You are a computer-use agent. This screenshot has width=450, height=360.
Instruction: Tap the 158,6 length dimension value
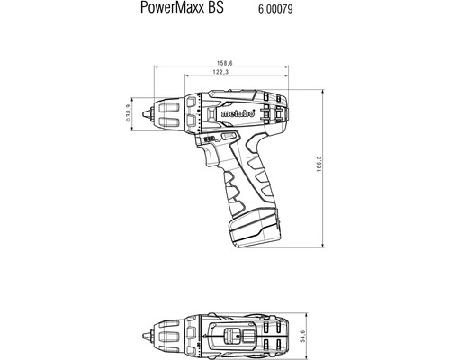(x=212, y=64)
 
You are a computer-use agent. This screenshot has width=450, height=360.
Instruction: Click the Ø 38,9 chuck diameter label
(x=130, y=113)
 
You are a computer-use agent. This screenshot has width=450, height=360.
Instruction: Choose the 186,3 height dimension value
(x=330, y=167)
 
